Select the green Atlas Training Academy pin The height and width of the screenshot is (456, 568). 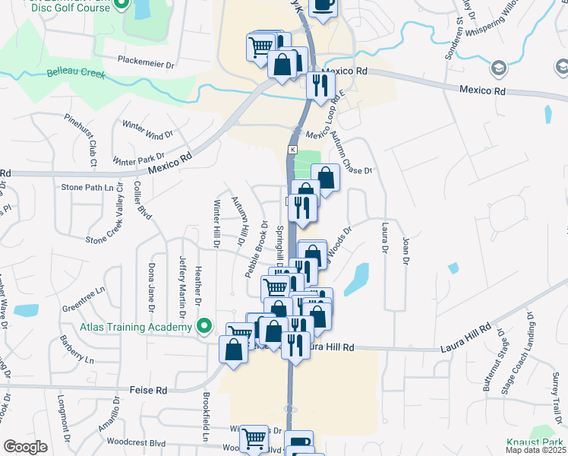pos(204,328)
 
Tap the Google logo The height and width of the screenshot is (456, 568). pos(25,447)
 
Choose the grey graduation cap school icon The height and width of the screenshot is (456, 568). pos(498,68)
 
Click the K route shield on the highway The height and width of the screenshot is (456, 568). pos(292,150)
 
